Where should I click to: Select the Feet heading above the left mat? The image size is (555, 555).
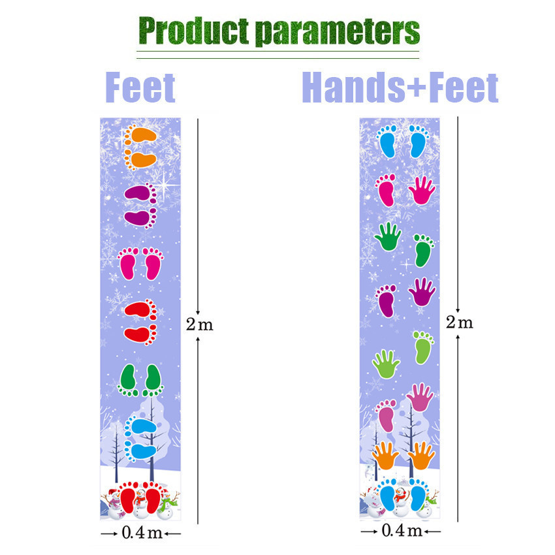pos(140,88)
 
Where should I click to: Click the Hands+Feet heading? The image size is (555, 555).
pos(400,88)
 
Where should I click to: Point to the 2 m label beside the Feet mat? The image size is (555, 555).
pos(199,325)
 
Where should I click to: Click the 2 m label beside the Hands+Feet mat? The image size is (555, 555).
pos(458,322)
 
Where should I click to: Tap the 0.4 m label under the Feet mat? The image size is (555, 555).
pos(141,533)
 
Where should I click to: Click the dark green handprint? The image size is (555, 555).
pos(389,236)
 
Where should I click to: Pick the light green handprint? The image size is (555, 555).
pos(386,364)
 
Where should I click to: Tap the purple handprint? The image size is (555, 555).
pos(422,292)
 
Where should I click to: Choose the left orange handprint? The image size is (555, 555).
pos(386,456)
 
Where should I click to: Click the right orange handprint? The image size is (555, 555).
pos(421,456)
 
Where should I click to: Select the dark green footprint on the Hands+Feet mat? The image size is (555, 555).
pos(424,250)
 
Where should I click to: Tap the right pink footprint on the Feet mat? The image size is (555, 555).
pos(152,264)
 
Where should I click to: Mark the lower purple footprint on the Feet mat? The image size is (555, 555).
pos(138,217)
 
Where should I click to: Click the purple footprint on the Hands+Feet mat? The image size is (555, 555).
pos(387,300)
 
